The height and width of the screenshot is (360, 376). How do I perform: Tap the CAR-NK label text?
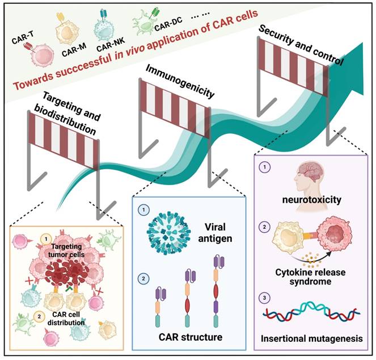point(111,45)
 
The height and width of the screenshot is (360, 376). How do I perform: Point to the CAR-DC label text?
point(168,24)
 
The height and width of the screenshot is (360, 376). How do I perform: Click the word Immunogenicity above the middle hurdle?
point(180,81)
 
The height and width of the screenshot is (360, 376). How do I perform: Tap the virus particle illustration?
point(168,232)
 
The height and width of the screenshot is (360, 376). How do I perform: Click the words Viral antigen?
point(215,233)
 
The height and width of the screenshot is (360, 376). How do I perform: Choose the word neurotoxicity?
point(311,199)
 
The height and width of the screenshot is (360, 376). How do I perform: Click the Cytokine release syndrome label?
point(310,277)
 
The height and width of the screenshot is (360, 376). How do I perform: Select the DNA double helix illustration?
point(312,311)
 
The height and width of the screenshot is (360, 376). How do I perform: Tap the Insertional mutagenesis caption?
point(312,338)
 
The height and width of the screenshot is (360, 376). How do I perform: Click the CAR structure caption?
point(191,337)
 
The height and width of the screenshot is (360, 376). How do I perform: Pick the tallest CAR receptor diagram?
point(219,291)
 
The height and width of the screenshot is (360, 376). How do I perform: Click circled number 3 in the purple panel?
point(264,298)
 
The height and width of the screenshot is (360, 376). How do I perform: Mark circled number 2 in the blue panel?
point(143,279)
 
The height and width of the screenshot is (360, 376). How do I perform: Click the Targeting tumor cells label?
point(66,250)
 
